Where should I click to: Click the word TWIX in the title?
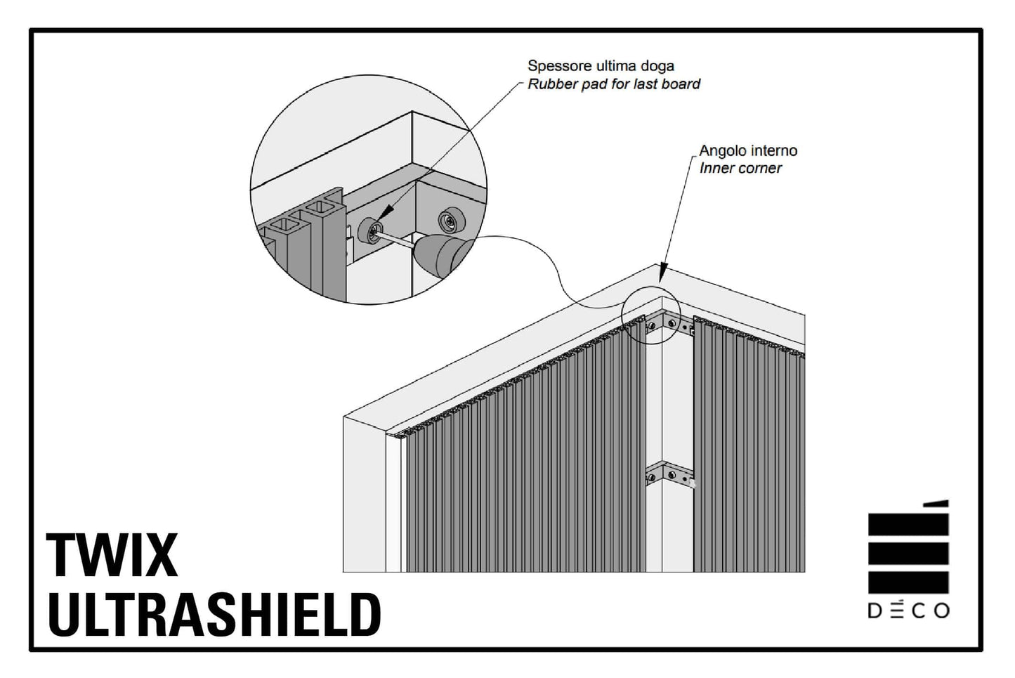112,555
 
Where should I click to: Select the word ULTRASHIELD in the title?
214,615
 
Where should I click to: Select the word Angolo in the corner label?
723,151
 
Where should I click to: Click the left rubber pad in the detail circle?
370,230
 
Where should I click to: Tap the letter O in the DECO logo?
941,611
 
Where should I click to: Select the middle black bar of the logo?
908,554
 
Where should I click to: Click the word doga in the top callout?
657,67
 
